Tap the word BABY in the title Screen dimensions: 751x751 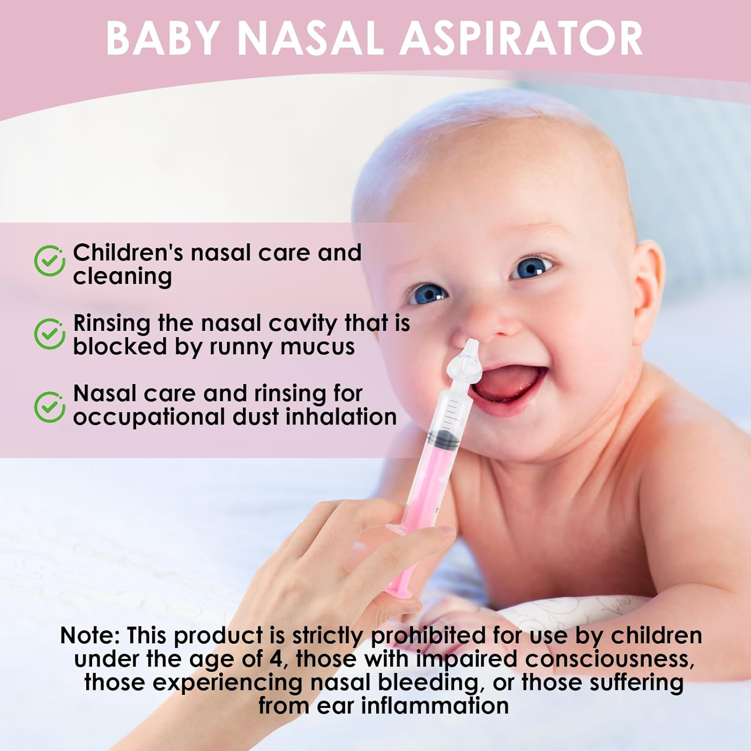(x=163, y=39)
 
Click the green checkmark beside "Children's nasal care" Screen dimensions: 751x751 (x=49, y=261)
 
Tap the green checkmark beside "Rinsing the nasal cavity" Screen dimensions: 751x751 (x=49, y=333)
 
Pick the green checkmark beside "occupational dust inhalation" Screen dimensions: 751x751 (x=49, y=407)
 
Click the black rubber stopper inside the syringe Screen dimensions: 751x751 (x=444, y=440)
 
